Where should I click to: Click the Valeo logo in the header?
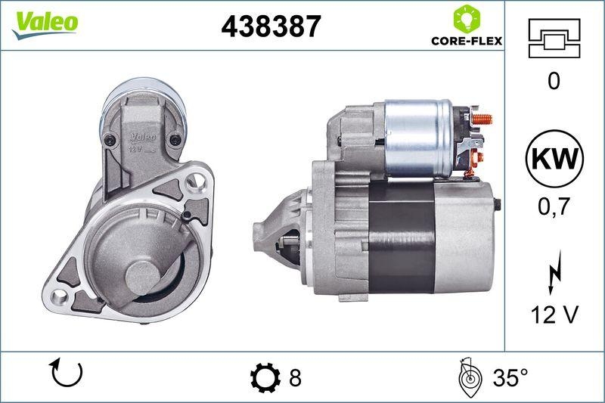tap(44, 22)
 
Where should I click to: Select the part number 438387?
tap(270, 26)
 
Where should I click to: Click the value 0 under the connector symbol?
tap(554, 81)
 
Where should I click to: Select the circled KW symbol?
tap(554, 160)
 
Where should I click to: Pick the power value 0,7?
tap(554, 206)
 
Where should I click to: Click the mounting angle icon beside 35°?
tap(470, 376)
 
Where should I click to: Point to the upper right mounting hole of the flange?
tap(198, 181)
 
